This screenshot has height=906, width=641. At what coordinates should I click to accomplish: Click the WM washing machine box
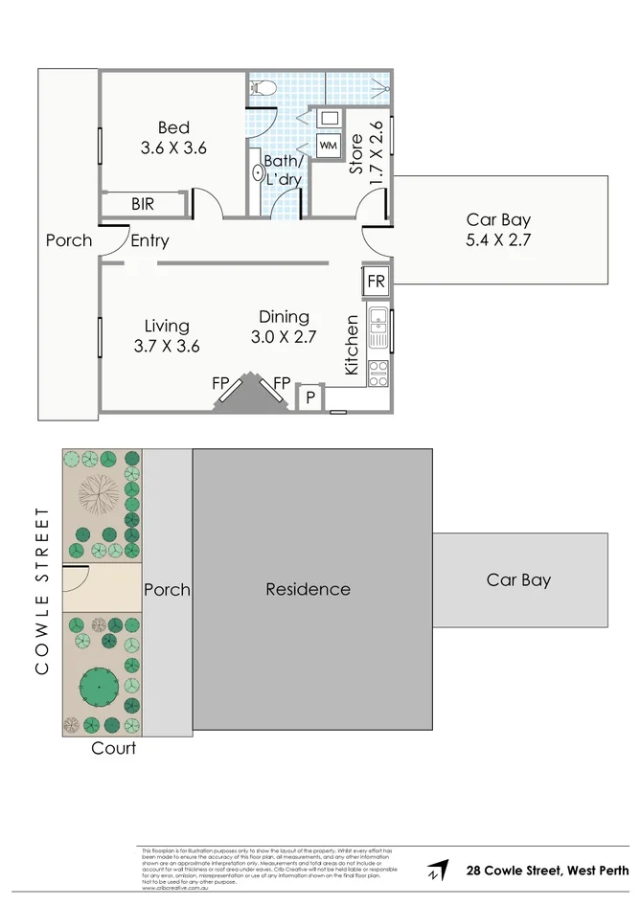click(x=328, y=146)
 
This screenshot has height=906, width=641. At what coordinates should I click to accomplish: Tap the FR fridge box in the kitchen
click(x=376, y=282)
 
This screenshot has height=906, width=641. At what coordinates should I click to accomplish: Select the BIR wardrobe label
click(x=143, y=204)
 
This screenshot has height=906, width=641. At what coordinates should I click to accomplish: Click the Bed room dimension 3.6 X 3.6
click(x=174, y=148)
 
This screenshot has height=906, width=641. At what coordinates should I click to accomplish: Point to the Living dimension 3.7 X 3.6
click(x=167, y=347)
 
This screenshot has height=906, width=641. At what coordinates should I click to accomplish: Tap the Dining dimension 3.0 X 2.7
click(x=284, y=337)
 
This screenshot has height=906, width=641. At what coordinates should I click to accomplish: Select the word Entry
click(x=149, y=240)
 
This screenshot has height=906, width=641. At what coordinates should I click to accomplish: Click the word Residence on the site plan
click(x=308, y=589)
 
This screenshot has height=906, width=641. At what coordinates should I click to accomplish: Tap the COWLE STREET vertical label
click(x=41, y=591)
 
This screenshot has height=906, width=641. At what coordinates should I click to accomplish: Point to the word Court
click(x=113, y=748)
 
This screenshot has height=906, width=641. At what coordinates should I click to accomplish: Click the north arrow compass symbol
click(x=439, y=871)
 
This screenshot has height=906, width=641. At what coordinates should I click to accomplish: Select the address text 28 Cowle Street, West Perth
click(x=547, y=871)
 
